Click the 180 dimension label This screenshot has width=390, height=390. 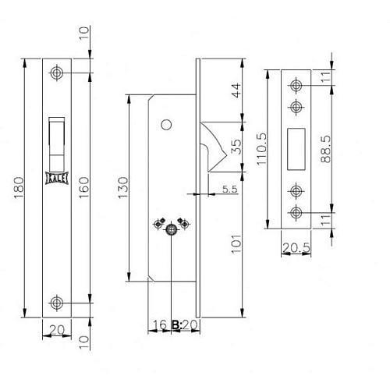point(19,188)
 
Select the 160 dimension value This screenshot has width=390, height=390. point(83,188)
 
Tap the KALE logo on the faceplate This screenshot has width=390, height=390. point(57,178)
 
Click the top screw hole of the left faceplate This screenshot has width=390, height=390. point(57,73)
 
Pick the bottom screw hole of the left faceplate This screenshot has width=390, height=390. point(57,303)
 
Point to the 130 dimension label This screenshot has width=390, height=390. point(123,188)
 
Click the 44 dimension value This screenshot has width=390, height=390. point(236,90)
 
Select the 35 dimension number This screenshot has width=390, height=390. point(236,147)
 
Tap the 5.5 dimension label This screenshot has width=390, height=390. point(230,189)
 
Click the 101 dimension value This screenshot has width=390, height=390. point(236,244)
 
